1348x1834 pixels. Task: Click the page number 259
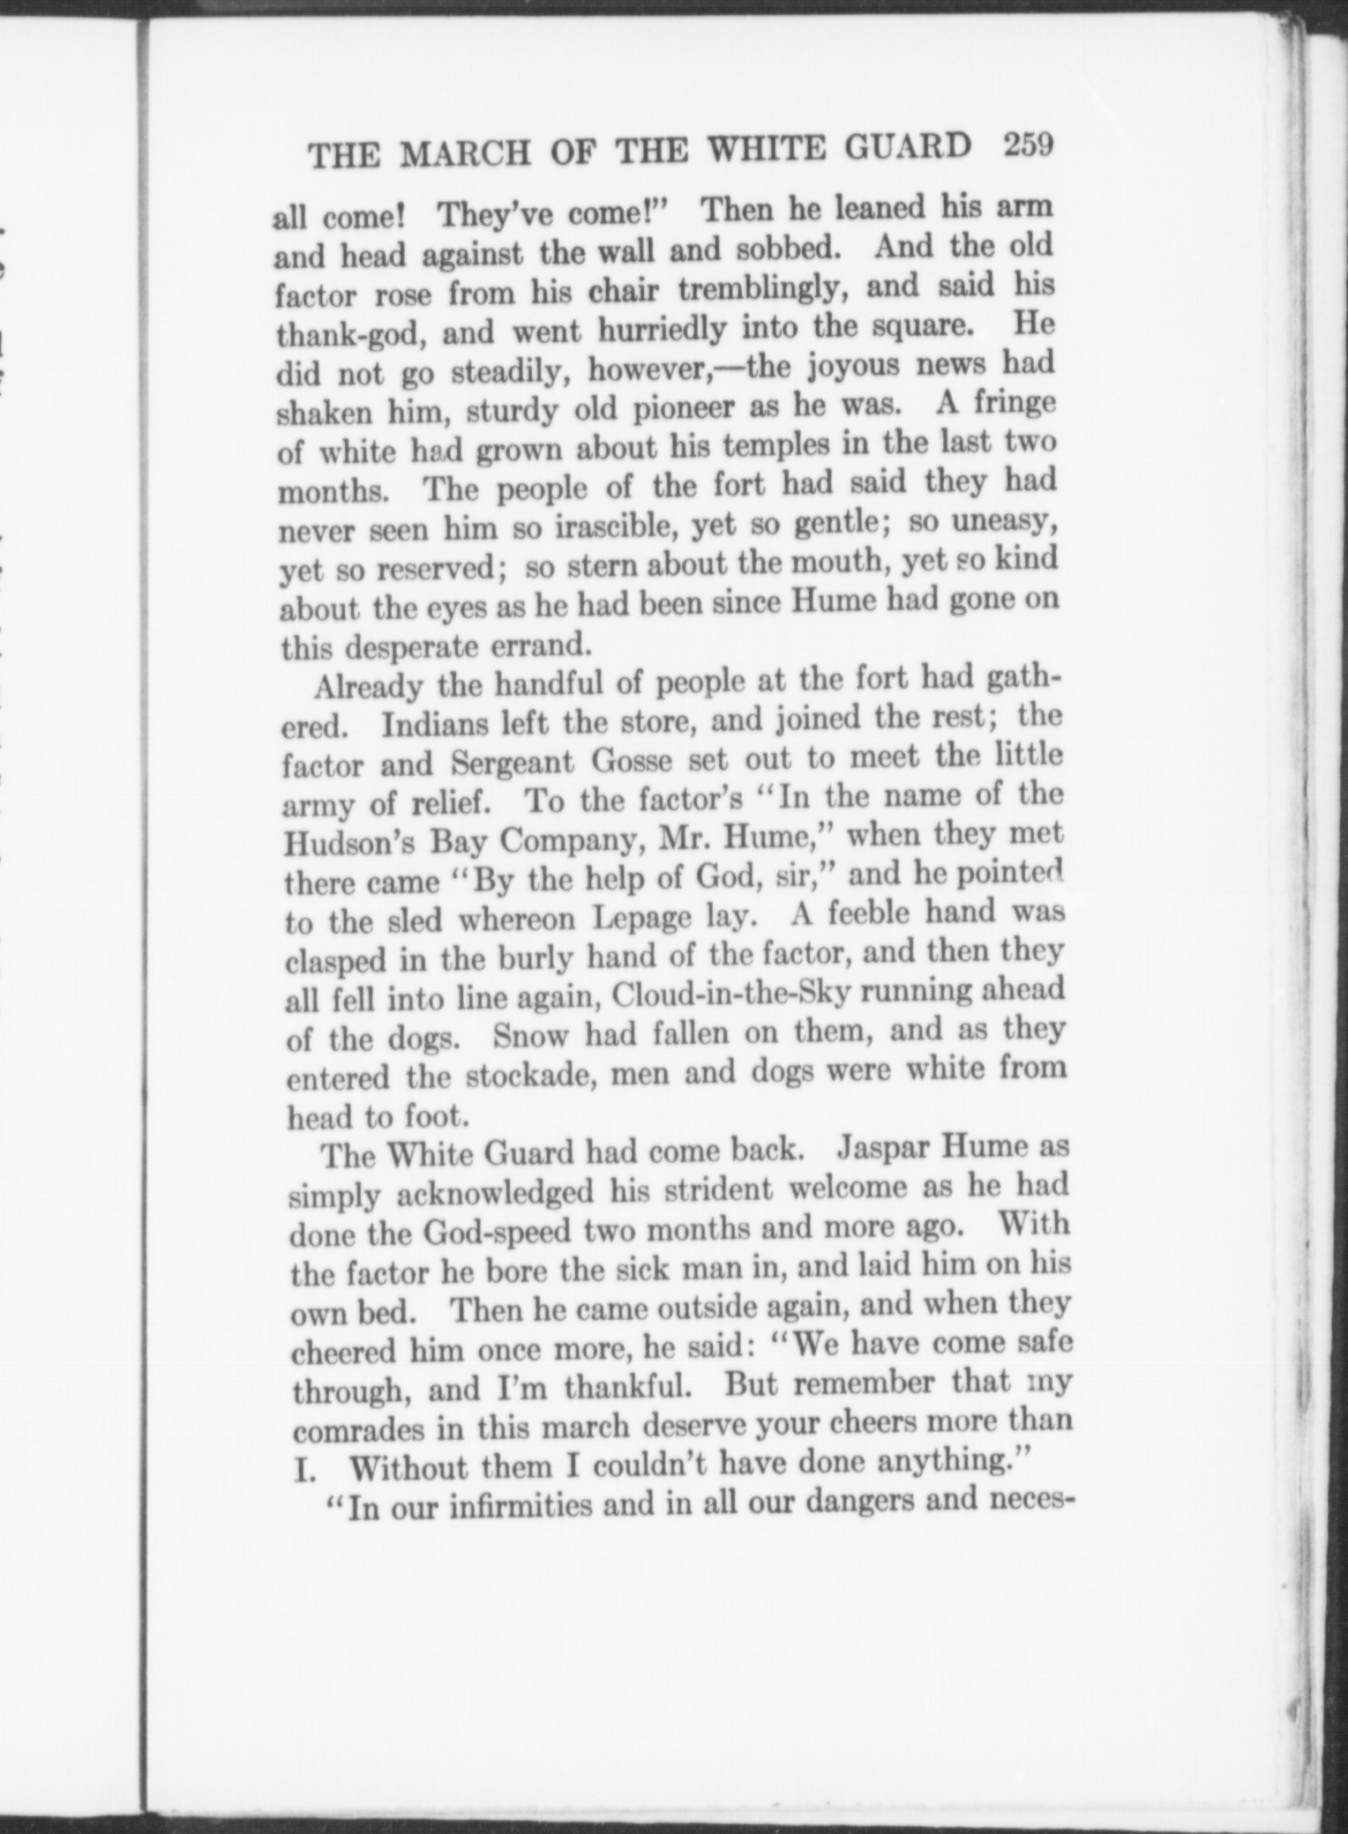coord(1028,146)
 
